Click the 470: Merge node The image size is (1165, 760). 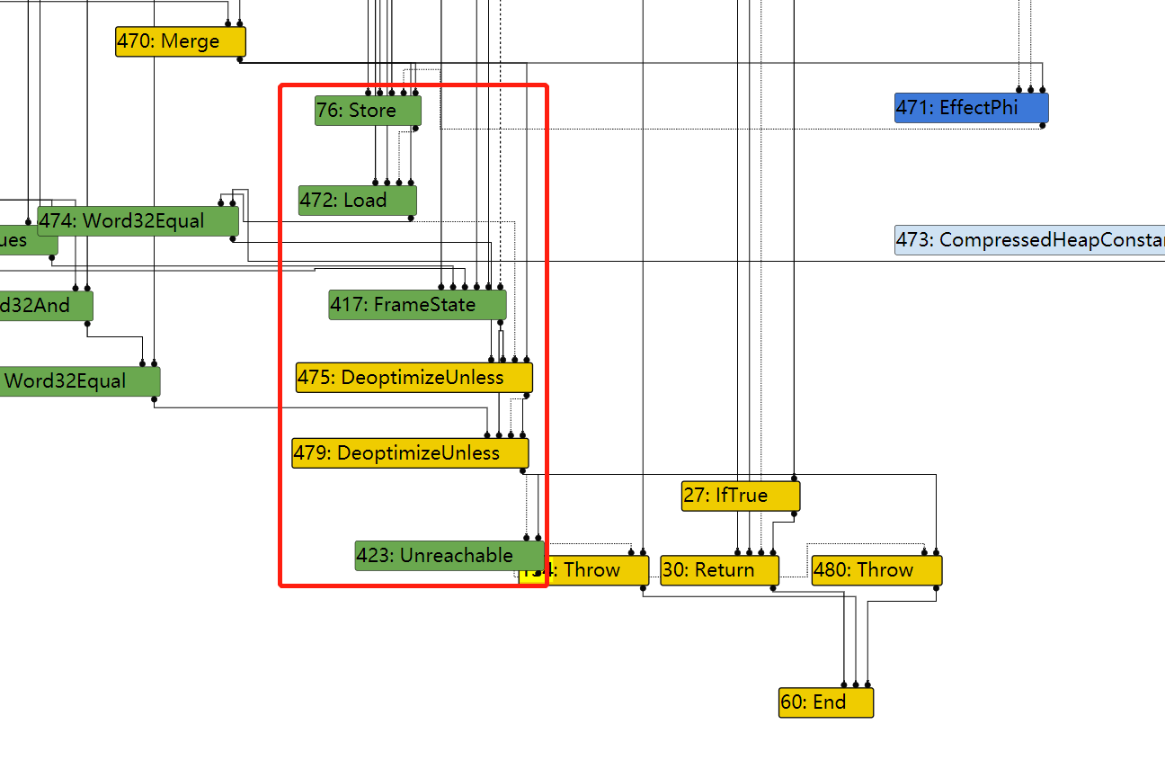click(180, 41)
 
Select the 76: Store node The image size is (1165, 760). click(368, 111)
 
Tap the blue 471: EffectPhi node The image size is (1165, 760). click(971, 108)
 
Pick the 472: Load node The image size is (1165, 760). click(357, 201)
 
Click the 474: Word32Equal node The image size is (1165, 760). click(138, 221)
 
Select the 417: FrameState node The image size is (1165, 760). click(417, 305)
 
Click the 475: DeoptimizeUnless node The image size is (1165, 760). click(414, 377)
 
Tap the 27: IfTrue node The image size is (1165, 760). click(740, 496)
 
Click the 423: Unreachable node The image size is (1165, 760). click(449, 556)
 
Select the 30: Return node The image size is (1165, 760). click(719, 570)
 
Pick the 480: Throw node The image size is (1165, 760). click(876, 570)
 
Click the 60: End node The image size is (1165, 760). click(825, 702)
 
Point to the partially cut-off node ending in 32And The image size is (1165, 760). click(45, 306)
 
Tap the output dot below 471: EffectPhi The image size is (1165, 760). click(1043, 125)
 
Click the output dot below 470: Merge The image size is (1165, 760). click(239, 59)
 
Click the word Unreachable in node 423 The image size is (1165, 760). click(457, 556)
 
